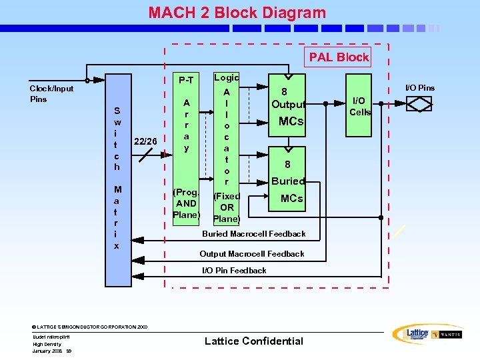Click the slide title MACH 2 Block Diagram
pos(237,13)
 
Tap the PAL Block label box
pos(338,57)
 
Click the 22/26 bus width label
pos(146,141)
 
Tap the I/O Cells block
pos(360,104)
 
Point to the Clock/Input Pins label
pos(51,93)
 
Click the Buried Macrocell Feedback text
pos(254,234)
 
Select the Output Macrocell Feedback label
pos(252,254)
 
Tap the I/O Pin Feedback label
pos(234,271)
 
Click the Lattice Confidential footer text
pos(253,341)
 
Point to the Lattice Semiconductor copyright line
pos(89,327)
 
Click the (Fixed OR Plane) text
pos(227,207)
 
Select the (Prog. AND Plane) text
pos(186,203)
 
